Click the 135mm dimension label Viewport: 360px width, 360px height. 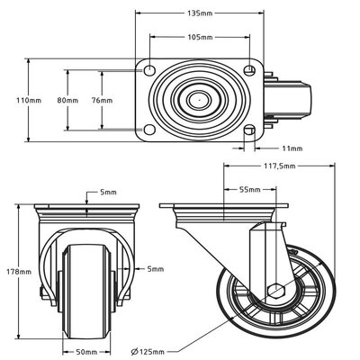(200, 14)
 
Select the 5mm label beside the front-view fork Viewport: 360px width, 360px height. (155, 267)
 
